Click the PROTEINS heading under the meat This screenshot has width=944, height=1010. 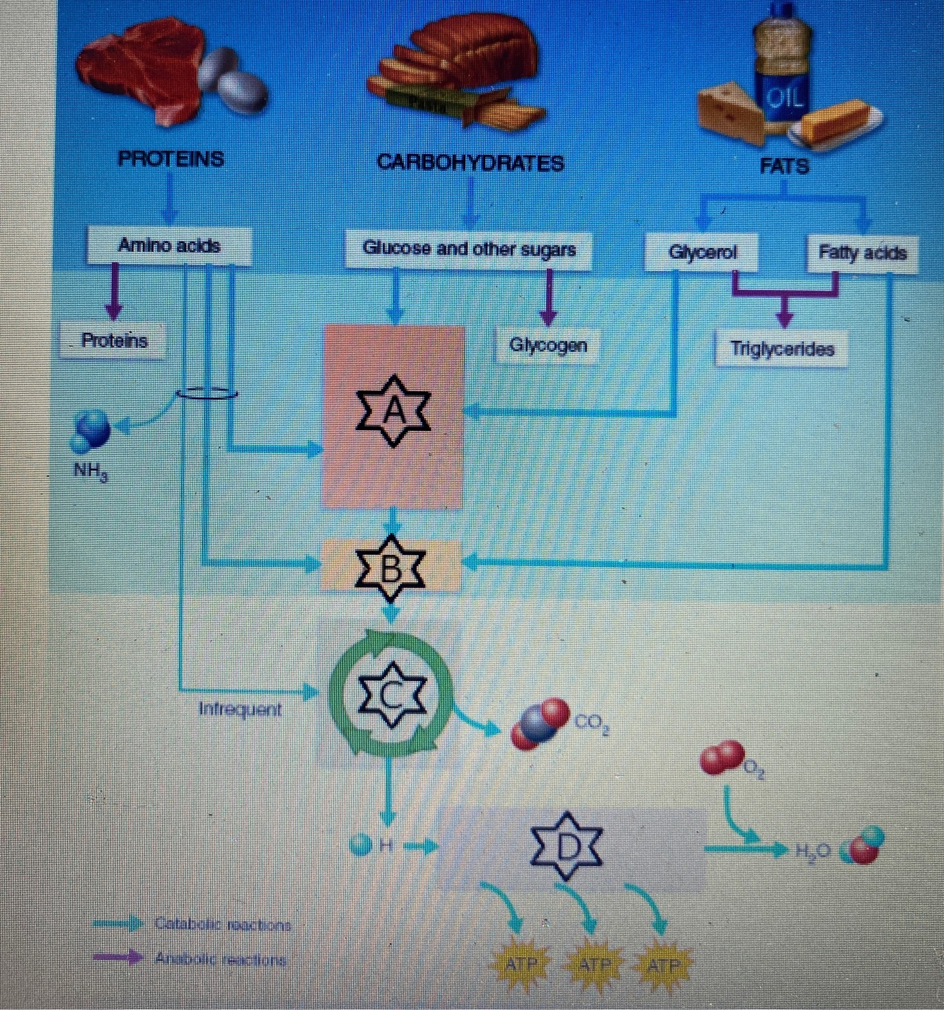(171, 158)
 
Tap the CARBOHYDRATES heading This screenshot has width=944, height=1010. (471, 163)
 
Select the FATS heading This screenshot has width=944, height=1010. (783, 166)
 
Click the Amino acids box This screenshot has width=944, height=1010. (169, 245)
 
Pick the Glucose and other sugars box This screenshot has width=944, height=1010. (468, 249)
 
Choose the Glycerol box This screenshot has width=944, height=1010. (702, 253)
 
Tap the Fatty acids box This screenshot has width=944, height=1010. (862, 253)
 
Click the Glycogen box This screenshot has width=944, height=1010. (548, 345)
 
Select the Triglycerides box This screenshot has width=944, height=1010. (782, 349)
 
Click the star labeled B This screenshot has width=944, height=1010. (391, 568)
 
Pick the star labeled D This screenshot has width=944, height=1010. (567, 847)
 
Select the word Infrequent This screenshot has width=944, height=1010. (240, 709)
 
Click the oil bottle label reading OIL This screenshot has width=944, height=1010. (785, 98)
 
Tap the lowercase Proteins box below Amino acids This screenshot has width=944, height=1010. (115, 341)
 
